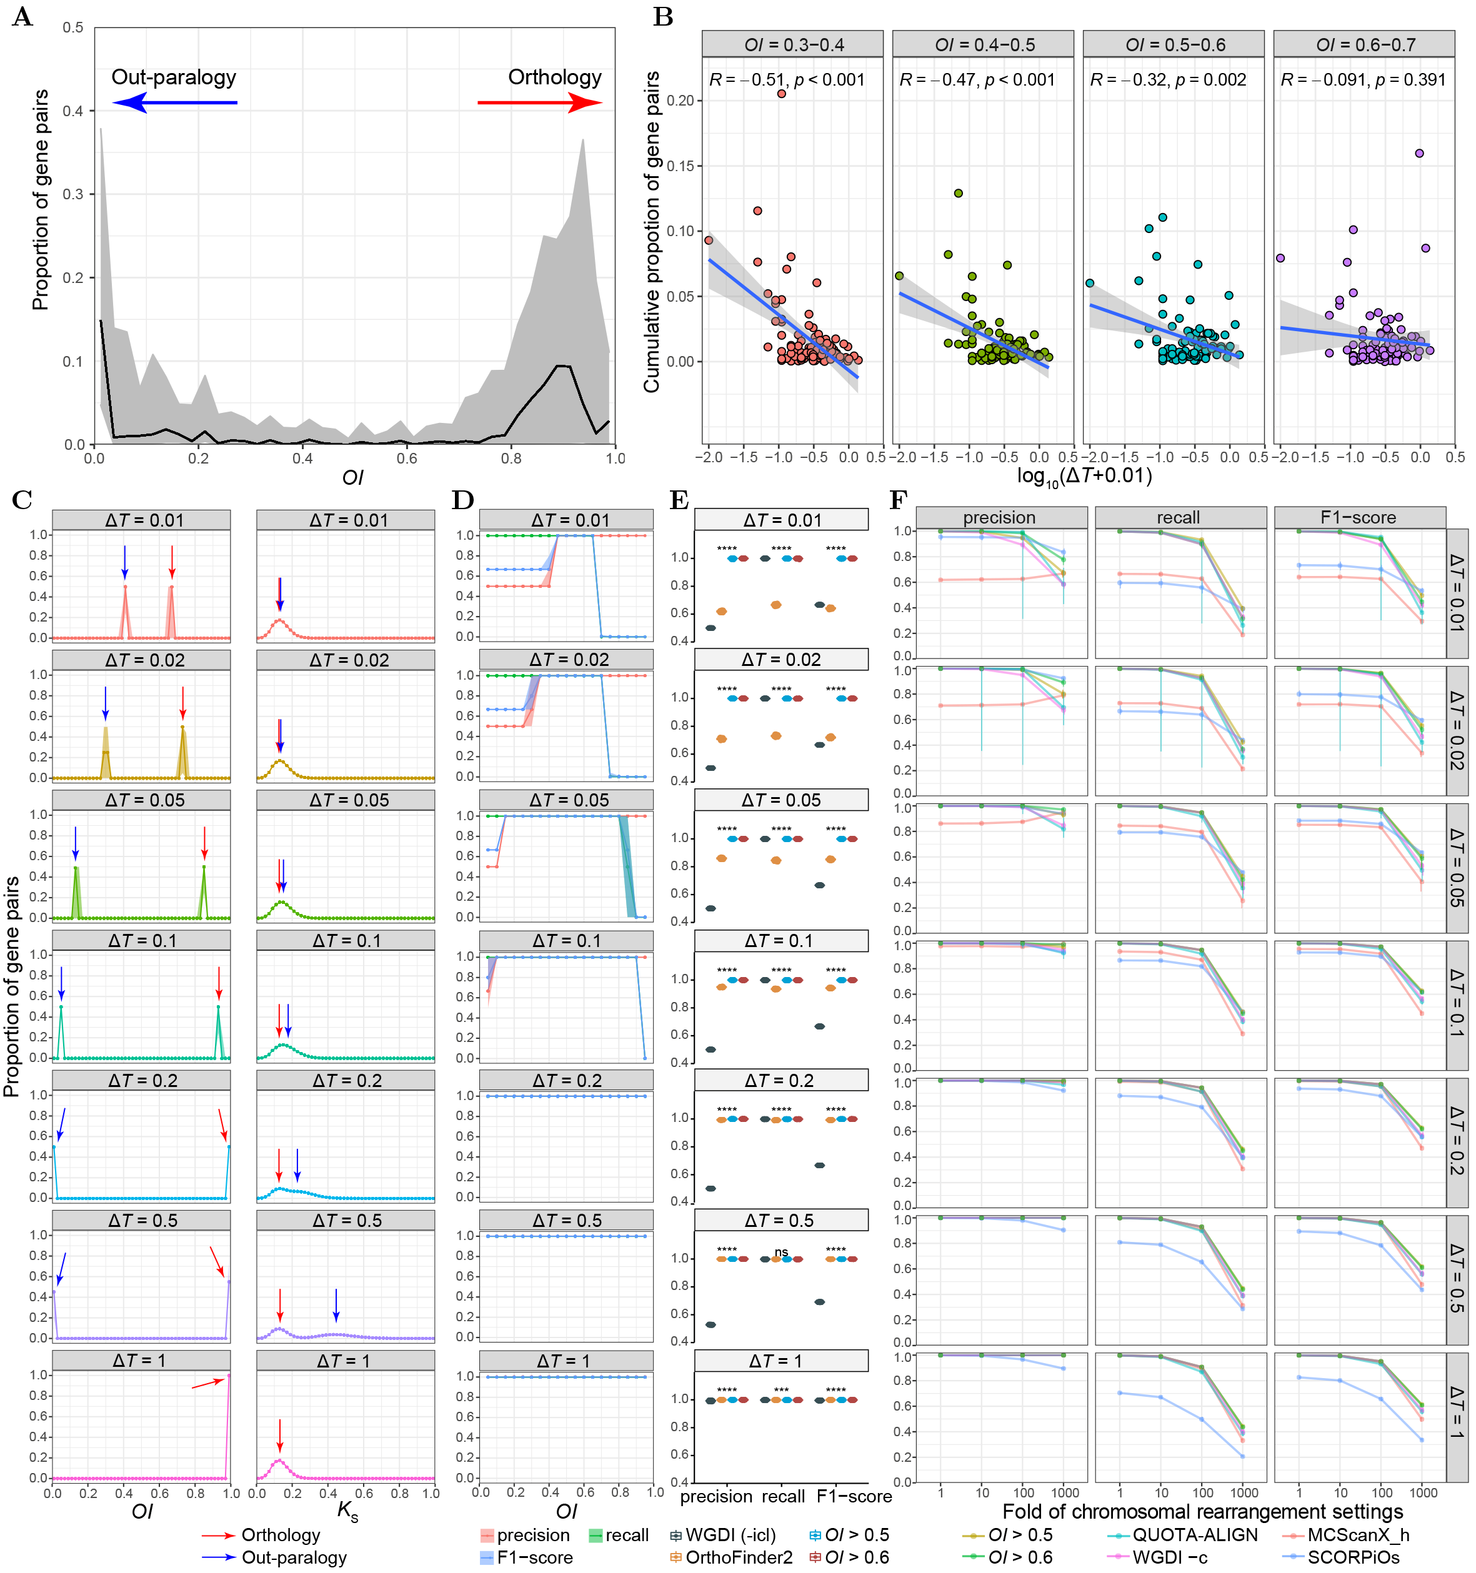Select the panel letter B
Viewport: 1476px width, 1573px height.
663,17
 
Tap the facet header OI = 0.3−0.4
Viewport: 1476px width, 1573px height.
793,45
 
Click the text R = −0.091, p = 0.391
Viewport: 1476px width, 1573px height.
1363,80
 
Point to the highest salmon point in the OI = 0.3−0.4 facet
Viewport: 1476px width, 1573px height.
781,93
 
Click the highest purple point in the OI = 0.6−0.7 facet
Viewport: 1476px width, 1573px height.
1420,154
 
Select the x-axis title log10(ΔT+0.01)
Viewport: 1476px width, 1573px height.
1084,475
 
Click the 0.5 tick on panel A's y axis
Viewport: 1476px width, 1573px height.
74,27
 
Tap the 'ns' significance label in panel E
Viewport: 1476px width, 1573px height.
781,1252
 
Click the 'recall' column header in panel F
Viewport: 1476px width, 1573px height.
1179,517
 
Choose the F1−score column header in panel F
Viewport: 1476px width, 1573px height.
1358,517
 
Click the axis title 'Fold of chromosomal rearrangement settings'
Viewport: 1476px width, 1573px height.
1202,1511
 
